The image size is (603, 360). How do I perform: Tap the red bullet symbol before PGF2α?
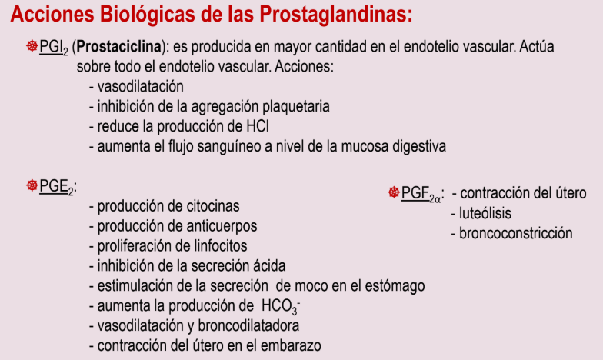[394, 193]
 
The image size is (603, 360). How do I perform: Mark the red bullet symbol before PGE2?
[32, 186]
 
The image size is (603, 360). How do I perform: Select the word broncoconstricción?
[515, 232]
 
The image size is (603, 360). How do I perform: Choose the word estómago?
[395, 286]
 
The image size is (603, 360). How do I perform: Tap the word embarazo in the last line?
[290, 345]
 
